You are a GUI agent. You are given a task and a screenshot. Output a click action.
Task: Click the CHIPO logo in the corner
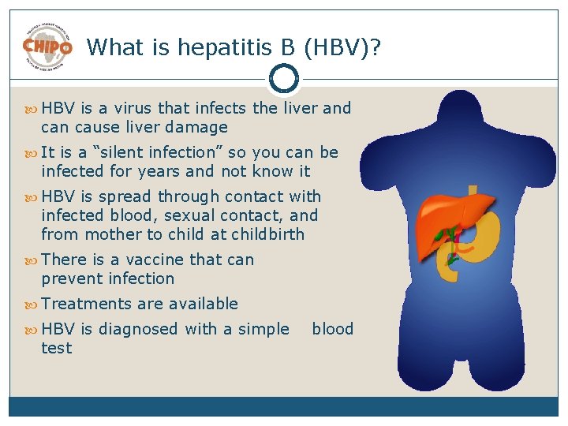tap(47, 46)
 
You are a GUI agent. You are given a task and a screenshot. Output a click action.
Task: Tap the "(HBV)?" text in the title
tap(340, 47)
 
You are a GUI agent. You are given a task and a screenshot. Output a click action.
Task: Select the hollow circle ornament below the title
tap(283, 78)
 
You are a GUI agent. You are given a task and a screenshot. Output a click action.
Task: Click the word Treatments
tap(87, 304)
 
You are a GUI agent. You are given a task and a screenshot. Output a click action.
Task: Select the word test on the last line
tap(56, 348)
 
